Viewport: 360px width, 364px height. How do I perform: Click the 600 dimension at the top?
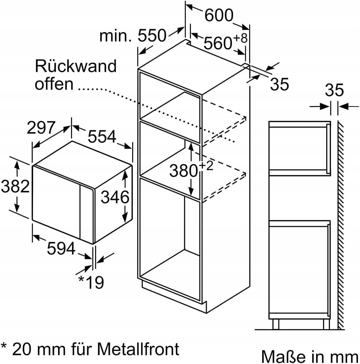pyautogui.click(x=219, y=15)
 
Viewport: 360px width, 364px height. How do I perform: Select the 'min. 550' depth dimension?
pyautogui.click(x=133, y=36)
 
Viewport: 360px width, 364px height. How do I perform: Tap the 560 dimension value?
pyautogui.click(x=218, y=43)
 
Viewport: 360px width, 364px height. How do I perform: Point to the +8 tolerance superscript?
pyautogui.click(x=240, y=38)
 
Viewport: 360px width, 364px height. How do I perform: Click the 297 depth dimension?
pyautogui.click(x=41, y=127)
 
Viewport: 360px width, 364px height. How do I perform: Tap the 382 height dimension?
pyautogui.click(x=15, y=186)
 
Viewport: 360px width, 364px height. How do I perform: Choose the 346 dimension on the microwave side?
pyautogui.click(x=115, y=197)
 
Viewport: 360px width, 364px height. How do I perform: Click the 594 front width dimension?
pyautogui.click(x=61, y=248)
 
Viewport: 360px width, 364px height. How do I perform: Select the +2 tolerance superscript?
pyautogui.click(x=206, y=166)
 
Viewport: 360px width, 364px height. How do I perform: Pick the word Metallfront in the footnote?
pyautogui.click(x=138, y=348)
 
